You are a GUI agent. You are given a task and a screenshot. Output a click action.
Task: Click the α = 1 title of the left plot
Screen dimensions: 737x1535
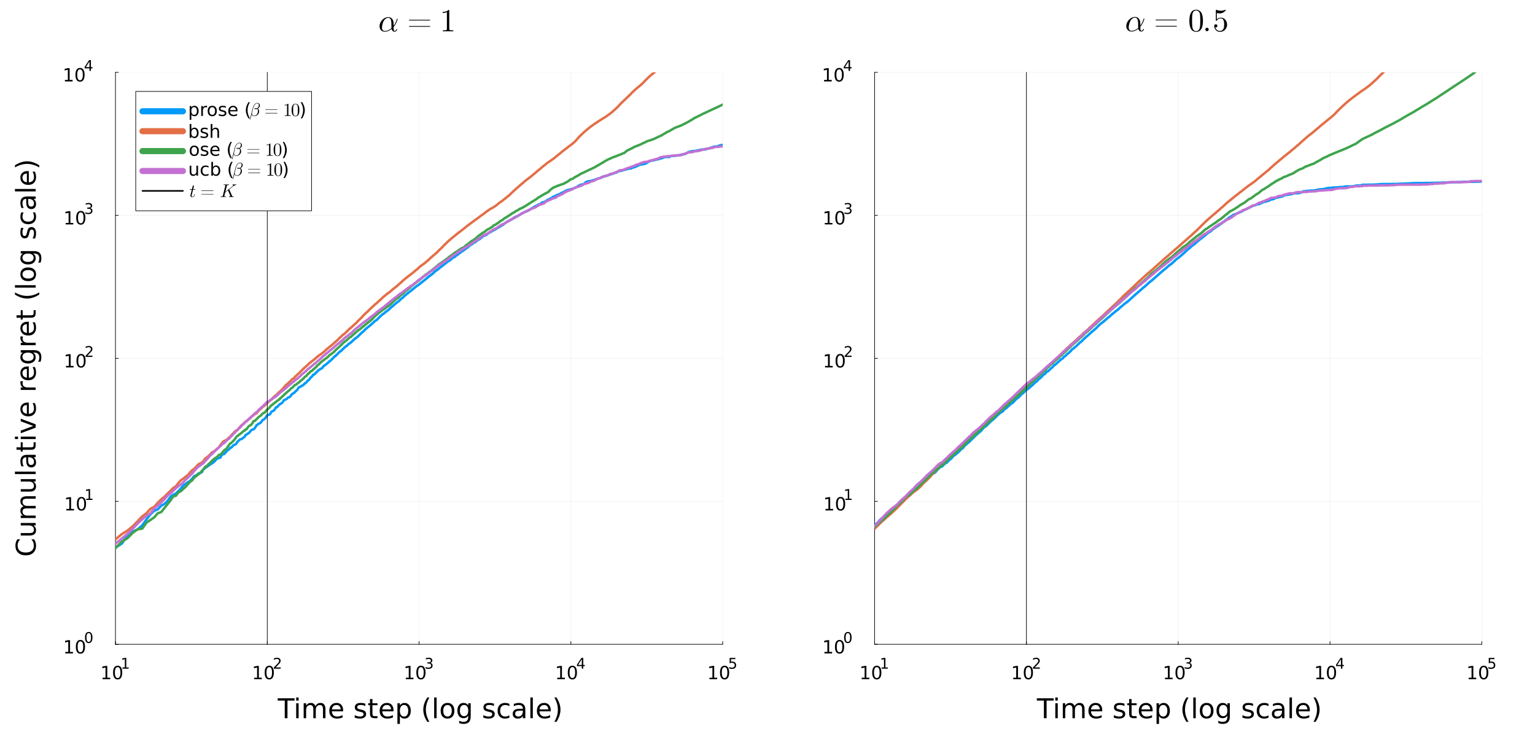(417, 23)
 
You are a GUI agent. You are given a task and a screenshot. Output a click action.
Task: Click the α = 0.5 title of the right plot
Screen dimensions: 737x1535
(1176, 23)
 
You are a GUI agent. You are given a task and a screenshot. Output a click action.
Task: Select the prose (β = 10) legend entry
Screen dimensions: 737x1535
(246, 111)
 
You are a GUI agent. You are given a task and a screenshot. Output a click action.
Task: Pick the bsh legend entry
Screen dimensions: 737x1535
(204, 131)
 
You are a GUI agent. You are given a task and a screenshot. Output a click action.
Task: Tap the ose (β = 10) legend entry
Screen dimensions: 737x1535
(238, 150)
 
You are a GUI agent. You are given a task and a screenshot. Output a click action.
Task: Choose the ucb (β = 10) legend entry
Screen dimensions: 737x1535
(238, 170)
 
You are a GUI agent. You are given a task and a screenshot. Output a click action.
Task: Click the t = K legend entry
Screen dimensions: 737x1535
(212, 192)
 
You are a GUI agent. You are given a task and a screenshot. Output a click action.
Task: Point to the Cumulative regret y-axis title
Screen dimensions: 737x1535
(27, 358)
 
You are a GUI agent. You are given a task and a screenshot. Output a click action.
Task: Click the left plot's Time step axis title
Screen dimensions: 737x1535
(419, 709)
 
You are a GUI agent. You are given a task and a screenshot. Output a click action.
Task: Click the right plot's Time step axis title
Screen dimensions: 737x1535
(1178, 709)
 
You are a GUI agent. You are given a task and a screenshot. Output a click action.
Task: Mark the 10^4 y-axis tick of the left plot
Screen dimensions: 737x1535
(78, 74)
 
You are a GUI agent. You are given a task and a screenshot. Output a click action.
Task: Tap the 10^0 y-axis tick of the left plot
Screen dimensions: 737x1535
(78, 645)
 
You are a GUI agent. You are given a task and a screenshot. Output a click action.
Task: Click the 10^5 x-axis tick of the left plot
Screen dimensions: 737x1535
(722, 671)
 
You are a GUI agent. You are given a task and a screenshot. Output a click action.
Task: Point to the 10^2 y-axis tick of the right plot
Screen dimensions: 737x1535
(837, 359)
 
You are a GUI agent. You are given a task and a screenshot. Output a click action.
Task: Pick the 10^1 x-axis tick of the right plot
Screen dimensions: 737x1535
(874, 671)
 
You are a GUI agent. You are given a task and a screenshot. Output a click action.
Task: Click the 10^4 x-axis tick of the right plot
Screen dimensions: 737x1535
(1329, 671)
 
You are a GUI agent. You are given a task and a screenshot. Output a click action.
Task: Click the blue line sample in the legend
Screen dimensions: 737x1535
(163, 111)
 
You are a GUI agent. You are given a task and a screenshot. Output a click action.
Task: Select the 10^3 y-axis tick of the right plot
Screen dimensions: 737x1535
(837, 216)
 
